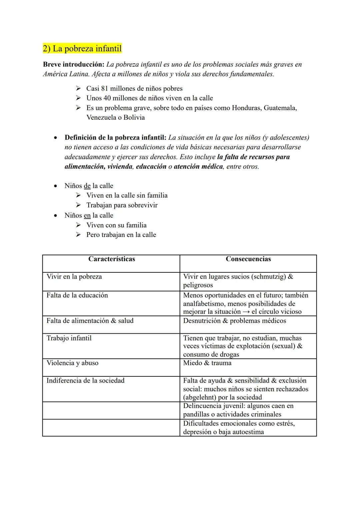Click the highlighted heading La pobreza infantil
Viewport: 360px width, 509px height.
click(x=82, y=49)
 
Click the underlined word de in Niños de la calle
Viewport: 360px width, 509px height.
click(x=87, y=186)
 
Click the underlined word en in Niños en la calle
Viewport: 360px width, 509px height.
click(x=87, y=216)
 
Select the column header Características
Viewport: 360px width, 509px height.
click(x=111, y=259)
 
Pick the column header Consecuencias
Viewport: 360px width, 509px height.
click(x=248, y=259)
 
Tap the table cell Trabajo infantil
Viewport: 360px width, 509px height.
click(x=69, y=338)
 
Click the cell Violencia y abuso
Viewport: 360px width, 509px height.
click(x=72, y=363)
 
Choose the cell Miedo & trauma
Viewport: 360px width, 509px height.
click(x=207, y=363)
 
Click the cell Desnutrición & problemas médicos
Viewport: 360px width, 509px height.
click(x=234, y=321)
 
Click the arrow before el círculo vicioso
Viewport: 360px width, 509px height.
click(x=246, y=312)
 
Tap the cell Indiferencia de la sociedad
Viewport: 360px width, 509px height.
click(x=85, y=381)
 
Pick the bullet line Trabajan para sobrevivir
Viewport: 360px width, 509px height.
click(x=122, y=205)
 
